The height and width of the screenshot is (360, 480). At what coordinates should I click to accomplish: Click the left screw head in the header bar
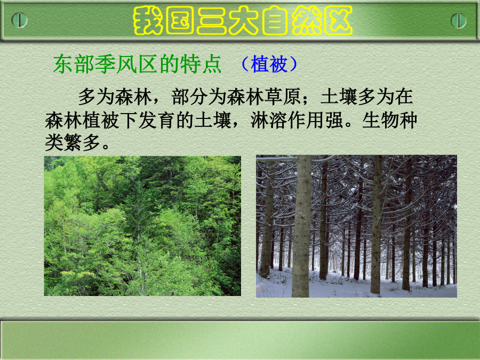(19, 20)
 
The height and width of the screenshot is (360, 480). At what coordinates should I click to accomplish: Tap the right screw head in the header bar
(459, 20)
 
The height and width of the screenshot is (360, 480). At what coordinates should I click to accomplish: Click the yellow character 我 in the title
(148, 20)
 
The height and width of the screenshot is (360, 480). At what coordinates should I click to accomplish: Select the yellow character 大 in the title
(243, 20)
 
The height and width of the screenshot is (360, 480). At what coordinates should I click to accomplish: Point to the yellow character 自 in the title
(275, 20)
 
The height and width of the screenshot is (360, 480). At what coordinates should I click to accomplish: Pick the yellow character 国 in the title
(180, 20)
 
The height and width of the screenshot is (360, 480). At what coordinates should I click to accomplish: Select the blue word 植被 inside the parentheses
(269, 64)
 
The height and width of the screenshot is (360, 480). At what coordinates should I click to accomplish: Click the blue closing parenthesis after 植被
(293, 64)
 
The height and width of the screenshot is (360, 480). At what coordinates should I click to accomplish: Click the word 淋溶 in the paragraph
(269, 120)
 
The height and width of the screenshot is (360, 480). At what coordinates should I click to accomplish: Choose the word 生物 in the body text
(380, 120)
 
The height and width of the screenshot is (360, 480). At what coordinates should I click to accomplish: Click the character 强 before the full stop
(334, 120)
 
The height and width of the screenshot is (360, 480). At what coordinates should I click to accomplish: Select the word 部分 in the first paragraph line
(189, 97)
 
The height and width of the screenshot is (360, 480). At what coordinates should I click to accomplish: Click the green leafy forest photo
(142, 226)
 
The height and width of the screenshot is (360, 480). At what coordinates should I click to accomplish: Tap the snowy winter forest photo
(356, 226)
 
